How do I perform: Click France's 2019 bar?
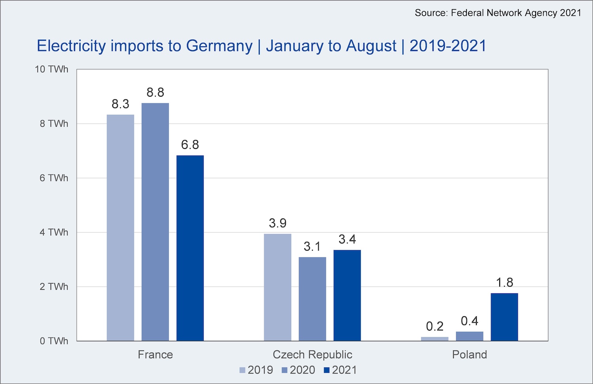click(x=120, y=228)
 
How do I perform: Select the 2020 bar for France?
click(x=155, y=222)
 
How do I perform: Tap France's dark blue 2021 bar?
click(x=190, y=248)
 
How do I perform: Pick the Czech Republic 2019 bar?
click(x=278, y=287)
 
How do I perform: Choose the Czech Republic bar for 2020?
click(x=312, y=299)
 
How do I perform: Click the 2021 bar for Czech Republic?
click(x=347, y=295)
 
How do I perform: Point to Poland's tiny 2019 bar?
click(x=434, y=339)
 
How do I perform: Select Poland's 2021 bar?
click(x=504, y=317)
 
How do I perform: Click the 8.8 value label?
click(x=155, y=92)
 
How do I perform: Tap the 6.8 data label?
click(x=190, y=144)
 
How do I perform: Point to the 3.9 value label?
click(x=278, y=223)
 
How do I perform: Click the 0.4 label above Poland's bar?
click(x=469, y=321)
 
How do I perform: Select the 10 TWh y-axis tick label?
click(x=51, y=69)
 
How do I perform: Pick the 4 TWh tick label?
click(x=54, y=232)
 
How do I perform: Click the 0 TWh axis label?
click(x=54, y=341)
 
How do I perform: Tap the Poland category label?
click(x=469, y=354)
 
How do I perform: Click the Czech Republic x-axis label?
click(x=312, y=354)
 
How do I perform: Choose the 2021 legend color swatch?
click(x=327, y=370)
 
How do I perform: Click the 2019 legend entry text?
click(x=260, y=370)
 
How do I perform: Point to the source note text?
click(x=498, y=13)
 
